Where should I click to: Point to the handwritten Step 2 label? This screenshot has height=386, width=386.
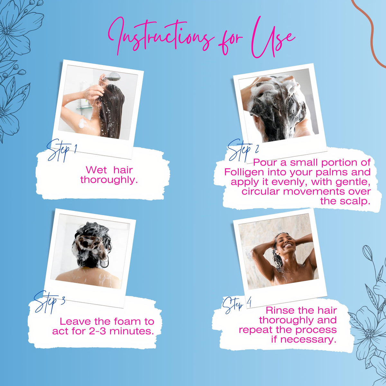pyautogui.click(x=243, y=150)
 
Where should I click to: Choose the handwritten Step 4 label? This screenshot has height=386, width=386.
pyautogui.click(x=237, y=307)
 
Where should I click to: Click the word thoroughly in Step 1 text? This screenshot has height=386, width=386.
pyautogui.click(x=109, y=180)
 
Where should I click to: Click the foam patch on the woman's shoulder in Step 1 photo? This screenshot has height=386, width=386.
pyautogui.click(x=82, y=123)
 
